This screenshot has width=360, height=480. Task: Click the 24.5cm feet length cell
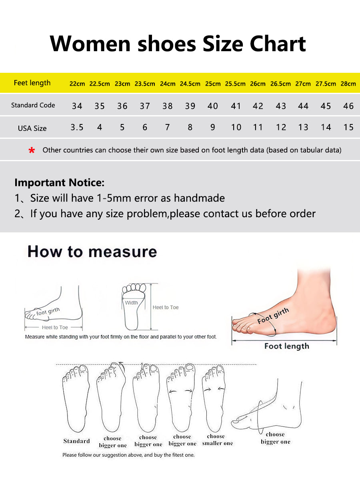click(x=190, y=84)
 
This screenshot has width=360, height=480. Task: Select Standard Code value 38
click(x=168, y=106)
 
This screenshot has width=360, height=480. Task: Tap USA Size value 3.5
click(x=77, y=127)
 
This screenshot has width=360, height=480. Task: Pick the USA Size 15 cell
click(x=348, y=127)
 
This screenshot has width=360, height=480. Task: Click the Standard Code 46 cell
click(x=348, y=106)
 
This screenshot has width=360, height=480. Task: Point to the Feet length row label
click(x=32, y=83)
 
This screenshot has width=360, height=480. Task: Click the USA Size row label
click(x=32, y=128)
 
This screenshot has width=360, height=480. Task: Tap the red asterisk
click(x=32, y=151)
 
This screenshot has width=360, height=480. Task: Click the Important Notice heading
click(x=59, y=183)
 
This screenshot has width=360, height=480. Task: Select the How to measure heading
click(x=92, y=252)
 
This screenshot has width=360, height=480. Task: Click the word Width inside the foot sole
click(x=131, y=303)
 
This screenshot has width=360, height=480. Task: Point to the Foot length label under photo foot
click(x=286, y=346)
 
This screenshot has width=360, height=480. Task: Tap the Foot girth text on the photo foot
click(x=273, y=316)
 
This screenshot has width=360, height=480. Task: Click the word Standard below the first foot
click(x=76, y=441)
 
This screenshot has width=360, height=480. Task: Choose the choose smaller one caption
click(x=217, y=440)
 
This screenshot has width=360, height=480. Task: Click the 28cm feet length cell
click(x=348, y=84)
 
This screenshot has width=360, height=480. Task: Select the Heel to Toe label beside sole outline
click(x=166, y=308)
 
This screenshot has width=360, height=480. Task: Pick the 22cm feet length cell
click(x=77, y=84)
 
